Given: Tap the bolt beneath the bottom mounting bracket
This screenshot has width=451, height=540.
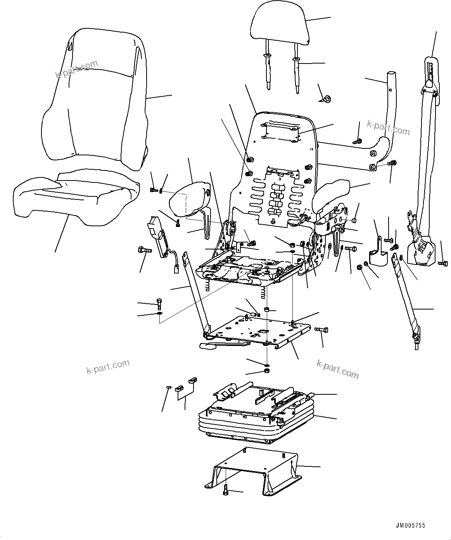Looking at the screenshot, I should [x=226, y=491].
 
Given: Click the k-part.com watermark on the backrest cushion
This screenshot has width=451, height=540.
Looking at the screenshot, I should [x=77, y=69].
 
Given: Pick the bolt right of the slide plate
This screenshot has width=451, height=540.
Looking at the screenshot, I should [x=322, y=330].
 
